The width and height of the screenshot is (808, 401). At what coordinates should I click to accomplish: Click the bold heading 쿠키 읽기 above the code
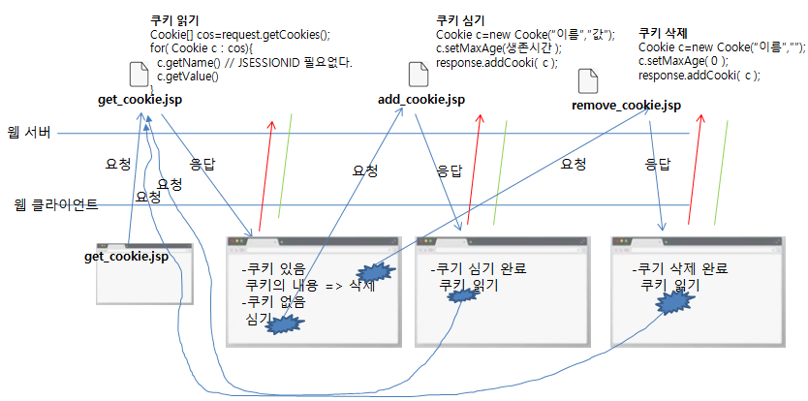(173, 20)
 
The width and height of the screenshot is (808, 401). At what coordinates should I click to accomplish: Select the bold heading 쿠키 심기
(460, 20)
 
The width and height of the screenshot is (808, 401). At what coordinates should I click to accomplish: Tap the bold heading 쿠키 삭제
(664, 32)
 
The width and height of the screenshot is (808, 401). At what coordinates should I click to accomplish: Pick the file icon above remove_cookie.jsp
(587, 81)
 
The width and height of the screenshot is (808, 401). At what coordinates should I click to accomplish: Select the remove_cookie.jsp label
(626, 105)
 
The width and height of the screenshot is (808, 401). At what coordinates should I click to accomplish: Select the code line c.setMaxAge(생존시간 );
(498, 48)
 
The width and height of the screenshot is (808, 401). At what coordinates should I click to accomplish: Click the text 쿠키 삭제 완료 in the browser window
(679, 268)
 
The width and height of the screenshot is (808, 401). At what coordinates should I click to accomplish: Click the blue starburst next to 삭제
(372, 274)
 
